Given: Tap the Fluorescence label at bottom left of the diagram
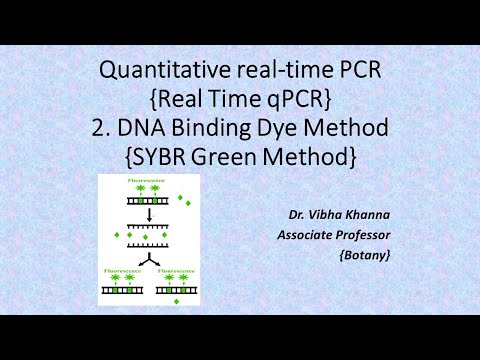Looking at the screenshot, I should point(117,269).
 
